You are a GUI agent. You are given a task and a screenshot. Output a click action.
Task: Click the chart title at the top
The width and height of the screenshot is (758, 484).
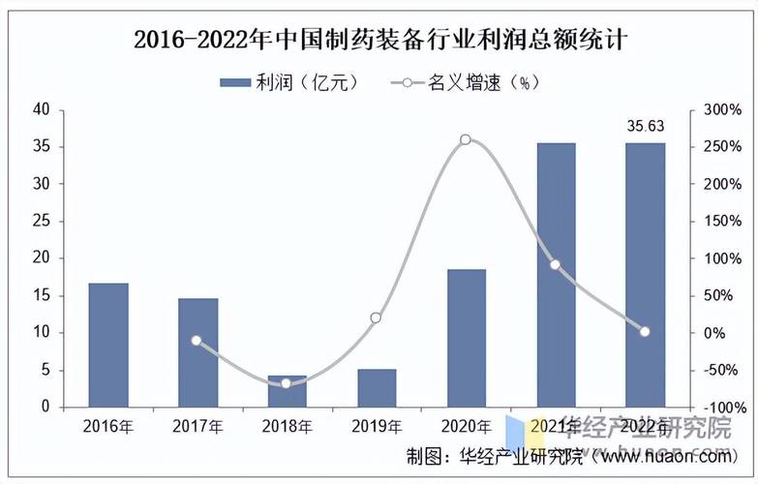[379, 40]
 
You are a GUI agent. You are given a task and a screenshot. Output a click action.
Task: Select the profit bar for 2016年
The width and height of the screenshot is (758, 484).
[108, 345]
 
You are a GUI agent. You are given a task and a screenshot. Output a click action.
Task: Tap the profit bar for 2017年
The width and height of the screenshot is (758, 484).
[197, 352]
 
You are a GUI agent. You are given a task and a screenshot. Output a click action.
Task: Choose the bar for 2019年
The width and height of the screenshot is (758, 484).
[377, 387]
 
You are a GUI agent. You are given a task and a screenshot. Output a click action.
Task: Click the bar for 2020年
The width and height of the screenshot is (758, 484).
[466, 338]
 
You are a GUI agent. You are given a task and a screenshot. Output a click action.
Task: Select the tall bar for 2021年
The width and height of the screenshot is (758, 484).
[556, 275]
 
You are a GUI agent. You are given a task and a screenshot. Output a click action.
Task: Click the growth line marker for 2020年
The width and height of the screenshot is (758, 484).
[466, 139]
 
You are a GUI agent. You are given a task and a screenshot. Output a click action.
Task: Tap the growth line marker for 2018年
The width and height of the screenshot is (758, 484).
[287, 383]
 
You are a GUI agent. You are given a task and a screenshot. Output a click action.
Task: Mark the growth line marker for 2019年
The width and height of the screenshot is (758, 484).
[377, 318]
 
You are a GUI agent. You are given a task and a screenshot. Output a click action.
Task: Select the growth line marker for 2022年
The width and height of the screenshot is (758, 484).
[645, 331]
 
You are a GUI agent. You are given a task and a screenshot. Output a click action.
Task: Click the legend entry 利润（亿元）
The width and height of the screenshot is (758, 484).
[289, 82]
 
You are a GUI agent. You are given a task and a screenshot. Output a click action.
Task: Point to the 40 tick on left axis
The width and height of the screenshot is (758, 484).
[42, 110]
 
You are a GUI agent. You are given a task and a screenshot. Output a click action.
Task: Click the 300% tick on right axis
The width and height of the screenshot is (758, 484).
[722, 110]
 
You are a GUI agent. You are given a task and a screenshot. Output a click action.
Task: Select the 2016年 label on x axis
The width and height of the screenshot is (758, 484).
[108, 426]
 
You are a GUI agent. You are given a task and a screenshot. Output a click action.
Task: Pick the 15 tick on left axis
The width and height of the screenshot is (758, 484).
[42, 296]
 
